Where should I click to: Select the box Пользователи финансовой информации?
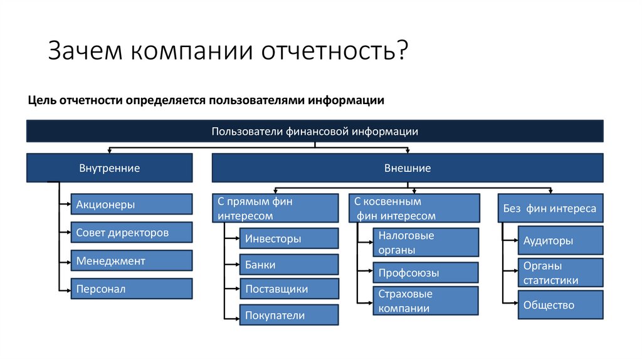pos(315,131)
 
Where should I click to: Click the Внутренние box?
pos(109,168)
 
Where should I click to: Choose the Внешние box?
pos(408,168)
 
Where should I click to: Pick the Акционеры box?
pos(131,204)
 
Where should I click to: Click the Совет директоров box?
pos(131,233)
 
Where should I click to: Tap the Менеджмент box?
pos(131,261)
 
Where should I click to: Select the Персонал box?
pos(131,289)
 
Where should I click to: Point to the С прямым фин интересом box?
pos(276,208)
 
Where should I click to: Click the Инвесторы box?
pos(288,238)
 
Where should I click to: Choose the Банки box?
pos(288,265)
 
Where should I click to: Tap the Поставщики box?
pos(288,289)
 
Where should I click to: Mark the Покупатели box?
pos(288,315)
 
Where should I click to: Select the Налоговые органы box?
pos(426,243)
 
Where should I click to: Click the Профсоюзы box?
pos(426,273)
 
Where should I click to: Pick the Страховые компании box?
pos(426,301)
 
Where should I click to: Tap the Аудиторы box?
pos(560,241)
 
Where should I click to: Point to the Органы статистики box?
pos(560,273)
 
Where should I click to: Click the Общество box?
pos(560,305)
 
